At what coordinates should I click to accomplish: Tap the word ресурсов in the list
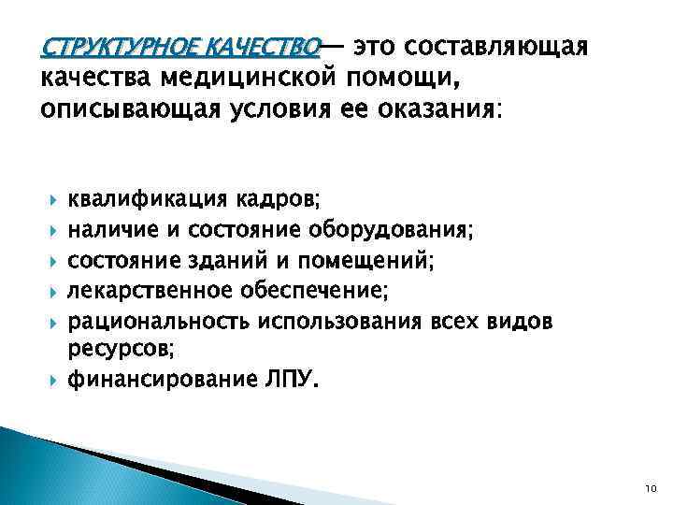click(117, 349)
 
